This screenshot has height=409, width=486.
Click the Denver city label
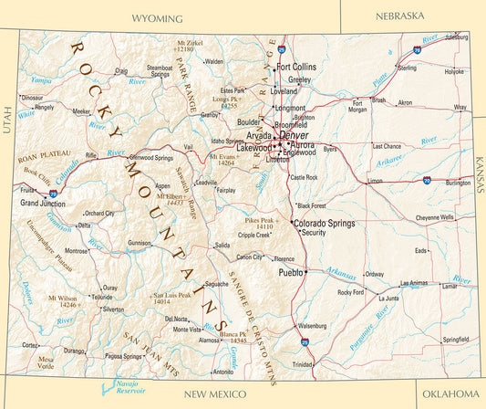coord(306,135)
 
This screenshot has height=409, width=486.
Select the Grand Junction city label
coord(42,203)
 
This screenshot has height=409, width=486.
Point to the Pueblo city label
coord(290,272)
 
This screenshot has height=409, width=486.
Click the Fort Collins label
coord(296,67)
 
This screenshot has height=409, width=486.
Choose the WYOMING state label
coord(157,18)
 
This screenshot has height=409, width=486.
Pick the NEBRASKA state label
coord(399,16)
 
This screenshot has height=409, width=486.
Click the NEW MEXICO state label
coord(214,393)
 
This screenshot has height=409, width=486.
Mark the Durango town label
coord(74,350)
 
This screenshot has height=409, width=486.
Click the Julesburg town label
coord(455,37)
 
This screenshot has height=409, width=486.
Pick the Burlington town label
coord(458,183)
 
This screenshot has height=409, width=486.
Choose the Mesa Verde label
coord(45,363)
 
